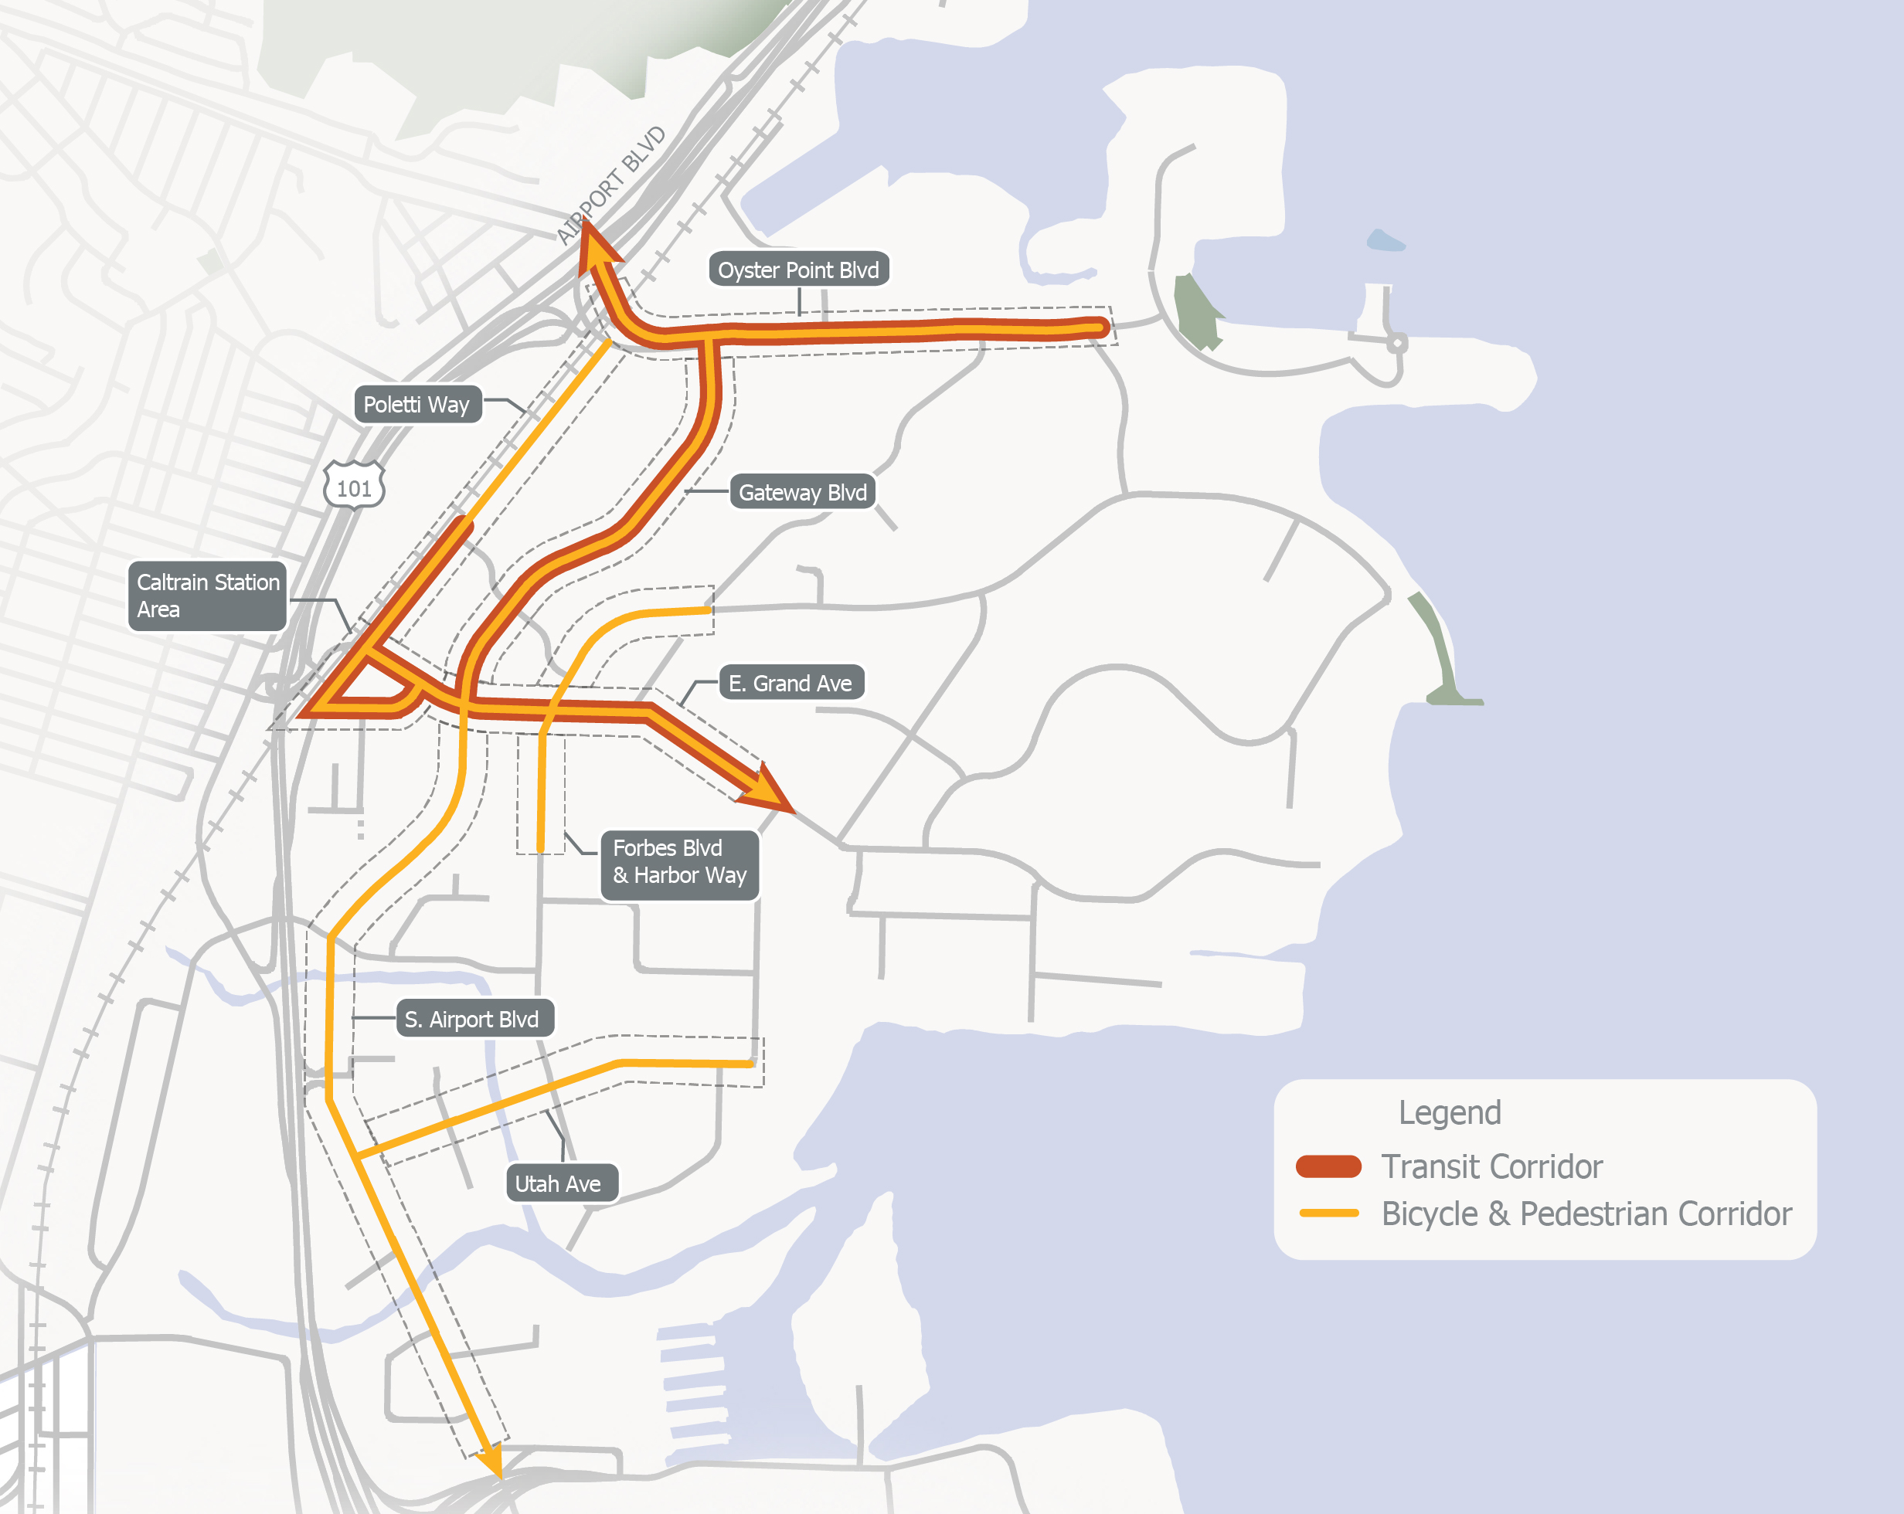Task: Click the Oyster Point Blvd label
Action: click(x=798, y=270)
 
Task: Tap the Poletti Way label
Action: click(x=416, y=404)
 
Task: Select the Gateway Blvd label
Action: click(x=802, y=492)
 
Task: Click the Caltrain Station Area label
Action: click(x=208, y=596)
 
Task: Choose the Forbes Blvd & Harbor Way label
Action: click(x=679, y=861)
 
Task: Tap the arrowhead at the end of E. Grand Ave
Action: click(x=766, y=789)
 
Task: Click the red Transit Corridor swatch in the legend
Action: click(x=1328, y=1166)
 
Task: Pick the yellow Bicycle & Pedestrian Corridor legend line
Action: click(x=1328, y=1213)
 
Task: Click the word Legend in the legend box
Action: click(x=1448, y=1112)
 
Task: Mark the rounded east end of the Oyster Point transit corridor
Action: click(x=1100, y=327)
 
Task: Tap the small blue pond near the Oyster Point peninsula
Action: click(x=1384, y=240)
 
